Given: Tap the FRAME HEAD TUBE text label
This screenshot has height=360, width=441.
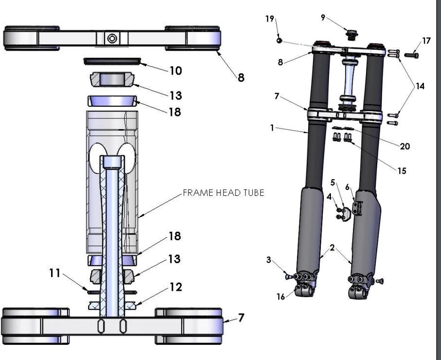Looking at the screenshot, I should [223, 193].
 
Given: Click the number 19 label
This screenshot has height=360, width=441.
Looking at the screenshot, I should [270, 19].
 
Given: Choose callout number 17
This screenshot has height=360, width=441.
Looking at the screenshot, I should [426, 41].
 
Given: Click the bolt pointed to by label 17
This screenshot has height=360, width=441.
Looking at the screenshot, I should [412, 55].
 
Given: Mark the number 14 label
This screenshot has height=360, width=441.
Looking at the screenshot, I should [420, 86].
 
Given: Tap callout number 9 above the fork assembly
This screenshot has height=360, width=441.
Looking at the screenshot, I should [323, 18].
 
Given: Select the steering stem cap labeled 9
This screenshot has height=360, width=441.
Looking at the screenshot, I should [349, 35].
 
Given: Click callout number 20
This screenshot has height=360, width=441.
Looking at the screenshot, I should [405, 146].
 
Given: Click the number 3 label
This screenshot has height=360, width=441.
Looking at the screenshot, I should [269, 260].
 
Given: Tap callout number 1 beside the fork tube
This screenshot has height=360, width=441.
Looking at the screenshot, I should [273, 128].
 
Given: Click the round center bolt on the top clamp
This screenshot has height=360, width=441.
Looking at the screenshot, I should [112, 38].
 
